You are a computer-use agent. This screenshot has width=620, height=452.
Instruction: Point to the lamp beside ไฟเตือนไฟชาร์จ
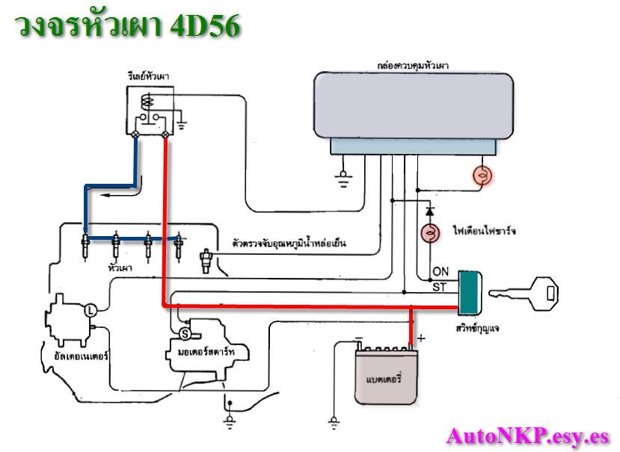point(431,233)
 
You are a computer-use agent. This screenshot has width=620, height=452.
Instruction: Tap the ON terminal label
point(441,272)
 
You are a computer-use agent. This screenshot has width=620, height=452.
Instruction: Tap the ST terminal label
point(440,286)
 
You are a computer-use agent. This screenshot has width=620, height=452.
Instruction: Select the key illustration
point(530,292)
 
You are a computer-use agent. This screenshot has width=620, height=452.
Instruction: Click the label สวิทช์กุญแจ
point(476,327)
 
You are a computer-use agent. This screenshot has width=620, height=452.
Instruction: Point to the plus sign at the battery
point(420,338)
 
